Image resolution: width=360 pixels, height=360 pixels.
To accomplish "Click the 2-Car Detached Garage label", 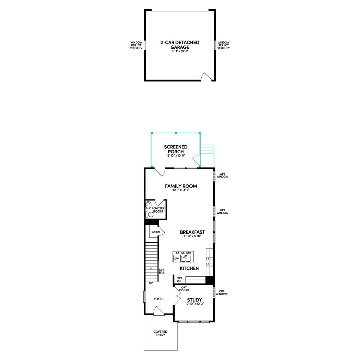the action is coord(180,45).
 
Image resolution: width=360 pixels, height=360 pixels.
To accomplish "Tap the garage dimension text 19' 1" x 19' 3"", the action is coord(180,51).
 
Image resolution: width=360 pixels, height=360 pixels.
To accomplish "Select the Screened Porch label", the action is coord(175,149).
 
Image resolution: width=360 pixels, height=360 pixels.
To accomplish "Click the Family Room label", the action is coord(181,186).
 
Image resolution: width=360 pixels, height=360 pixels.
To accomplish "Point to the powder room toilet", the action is coord(150,214).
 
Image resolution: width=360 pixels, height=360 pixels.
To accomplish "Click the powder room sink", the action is coord(148,205).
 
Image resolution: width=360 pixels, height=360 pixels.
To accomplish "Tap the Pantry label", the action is coord(155,232).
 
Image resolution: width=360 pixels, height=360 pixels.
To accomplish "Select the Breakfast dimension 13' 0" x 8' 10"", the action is coord(192,236).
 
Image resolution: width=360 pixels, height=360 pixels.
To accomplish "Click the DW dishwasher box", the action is coord(176,259).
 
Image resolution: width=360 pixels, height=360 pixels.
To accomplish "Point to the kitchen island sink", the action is coord(185,259).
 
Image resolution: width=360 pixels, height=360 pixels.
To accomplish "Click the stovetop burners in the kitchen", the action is coord(209,261).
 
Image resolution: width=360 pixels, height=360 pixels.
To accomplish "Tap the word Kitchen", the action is coord(189,268).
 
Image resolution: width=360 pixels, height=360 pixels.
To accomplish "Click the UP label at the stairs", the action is coord(151,283).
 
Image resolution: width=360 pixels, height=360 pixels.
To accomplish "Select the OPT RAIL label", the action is coord(162,271).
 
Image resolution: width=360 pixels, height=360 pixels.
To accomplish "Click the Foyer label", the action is coord(159,299).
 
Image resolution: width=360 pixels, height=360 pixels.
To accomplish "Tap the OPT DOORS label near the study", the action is coord(184,289).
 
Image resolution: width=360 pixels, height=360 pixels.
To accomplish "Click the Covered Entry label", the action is coord(160,334).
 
